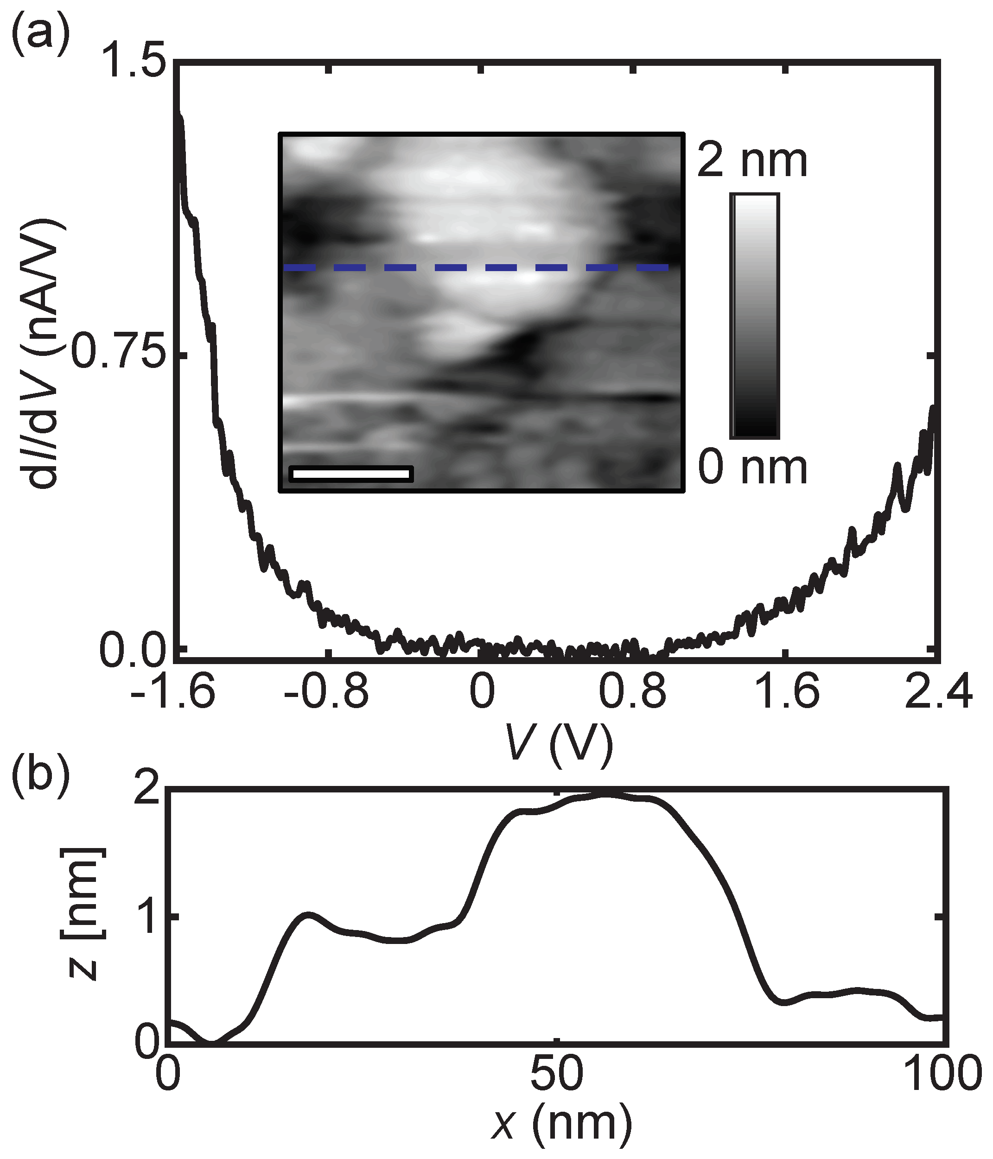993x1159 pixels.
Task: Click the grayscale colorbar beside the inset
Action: [754, 316]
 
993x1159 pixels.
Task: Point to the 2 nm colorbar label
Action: [752, 162]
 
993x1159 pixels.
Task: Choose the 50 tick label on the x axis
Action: [556, 1075]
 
